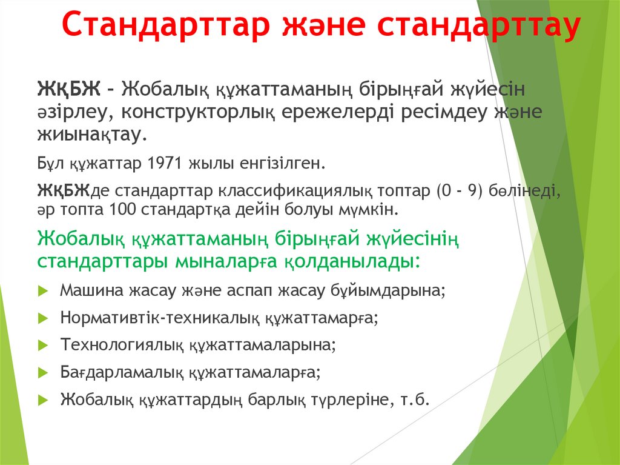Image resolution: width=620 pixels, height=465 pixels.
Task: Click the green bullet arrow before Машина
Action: pyautogui.click(x=42, y=290)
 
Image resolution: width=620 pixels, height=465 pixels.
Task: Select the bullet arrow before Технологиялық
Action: pyautogui.click(x=42, y=346)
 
